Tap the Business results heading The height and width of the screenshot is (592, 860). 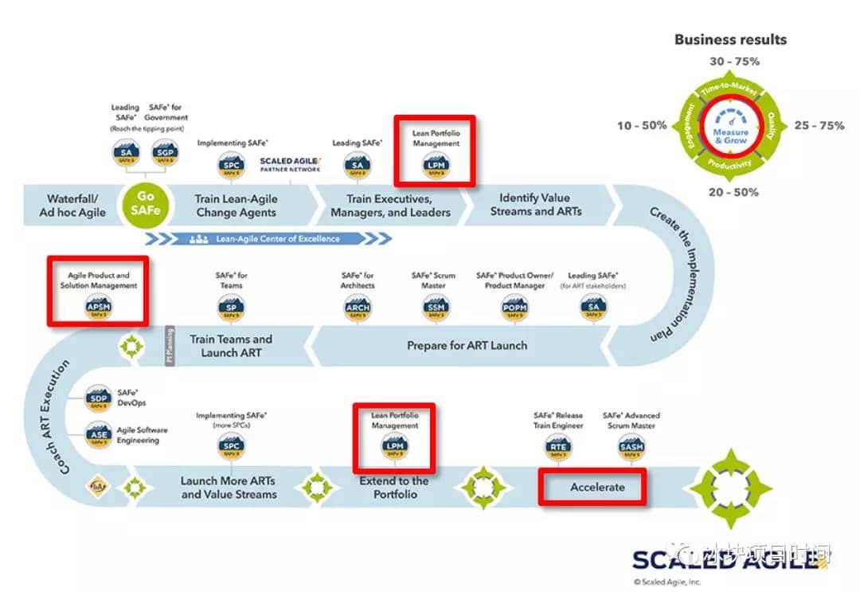pos(730,39)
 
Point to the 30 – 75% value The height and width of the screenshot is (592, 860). pos(733,61)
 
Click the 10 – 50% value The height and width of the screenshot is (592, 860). pos(642,126)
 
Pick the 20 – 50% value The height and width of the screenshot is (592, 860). pos(733,192)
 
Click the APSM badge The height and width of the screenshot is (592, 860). pos(99,306)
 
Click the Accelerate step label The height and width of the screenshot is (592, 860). pos(596,487)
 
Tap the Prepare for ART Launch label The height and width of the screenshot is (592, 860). pos(467,346)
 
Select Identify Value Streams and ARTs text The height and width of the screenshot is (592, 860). pos(535,205)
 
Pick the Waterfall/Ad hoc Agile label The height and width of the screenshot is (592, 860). pos(72,206)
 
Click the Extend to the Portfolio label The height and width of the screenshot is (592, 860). pos(393,487)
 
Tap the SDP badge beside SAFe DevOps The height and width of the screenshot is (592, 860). pos(98,398)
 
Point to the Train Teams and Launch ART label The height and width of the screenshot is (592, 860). pos(231,346)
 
